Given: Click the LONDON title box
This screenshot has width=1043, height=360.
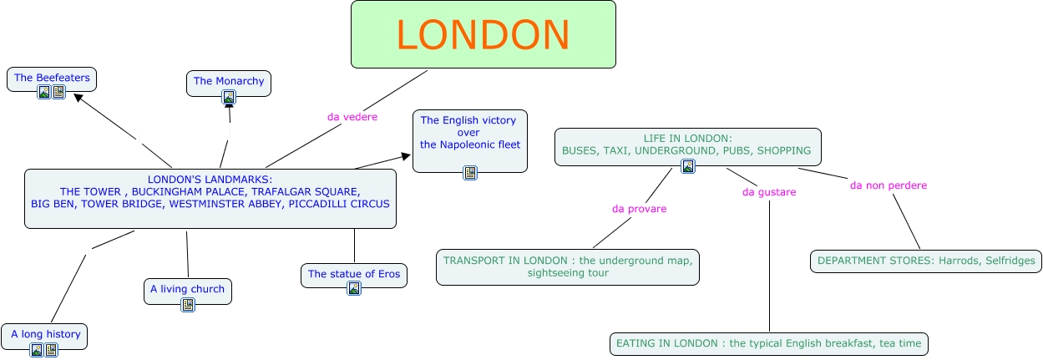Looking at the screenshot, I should click(x=483, y=34).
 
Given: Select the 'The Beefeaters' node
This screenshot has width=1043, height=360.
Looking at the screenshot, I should click(x=52, y=78).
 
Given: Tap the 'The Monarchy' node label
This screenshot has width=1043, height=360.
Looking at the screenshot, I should click(x=229, y=81).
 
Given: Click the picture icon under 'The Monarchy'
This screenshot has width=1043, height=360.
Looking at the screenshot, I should click(x=229, y=97).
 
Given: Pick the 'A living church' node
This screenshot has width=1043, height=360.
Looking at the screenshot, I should click(x=187, y=289).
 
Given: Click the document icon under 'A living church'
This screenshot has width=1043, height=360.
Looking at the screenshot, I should click(x=188, y=305).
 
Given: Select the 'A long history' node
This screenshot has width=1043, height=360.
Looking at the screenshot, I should click(x=45, y=334).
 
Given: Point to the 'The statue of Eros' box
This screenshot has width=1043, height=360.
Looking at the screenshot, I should click(x=354, y=274).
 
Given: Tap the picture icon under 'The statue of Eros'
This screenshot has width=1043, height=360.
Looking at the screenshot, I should click(x=354, y=289).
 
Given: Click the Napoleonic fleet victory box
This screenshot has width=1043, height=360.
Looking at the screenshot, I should click(x=470, y=133).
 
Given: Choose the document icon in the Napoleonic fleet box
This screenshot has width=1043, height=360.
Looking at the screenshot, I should click(x=470, y=173).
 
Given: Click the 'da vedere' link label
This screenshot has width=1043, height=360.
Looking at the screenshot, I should click(x=352, y=117).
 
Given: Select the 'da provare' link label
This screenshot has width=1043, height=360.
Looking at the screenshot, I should click(x=639, y=209).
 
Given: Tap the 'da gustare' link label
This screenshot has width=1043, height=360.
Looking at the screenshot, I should click(x=769, y=192).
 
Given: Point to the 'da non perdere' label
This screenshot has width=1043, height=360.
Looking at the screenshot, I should click(x=889, y=185).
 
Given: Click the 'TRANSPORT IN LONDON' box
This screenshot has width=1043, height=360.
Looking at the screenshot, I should click(x=568, y=266).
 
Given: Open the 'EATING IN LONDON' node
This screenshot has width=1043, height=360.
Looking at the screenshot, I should click(x=768, y=343).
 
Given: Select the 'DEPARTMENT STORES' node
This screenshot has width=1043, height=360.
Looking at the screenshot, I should click(x=926, y=261).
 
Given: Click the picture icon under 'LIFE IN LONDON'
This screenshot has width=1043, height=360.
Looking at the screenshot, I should click(x=687, y=166).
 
